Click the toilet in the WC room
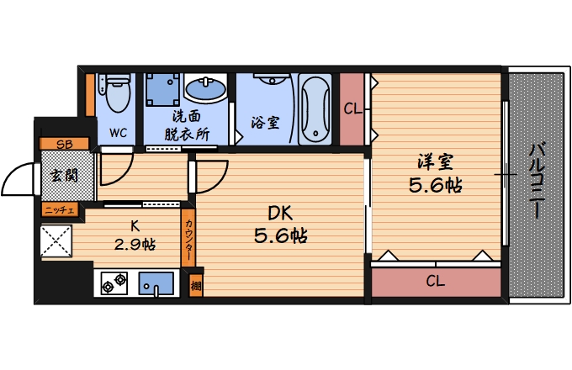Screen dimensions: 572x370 point(115,92)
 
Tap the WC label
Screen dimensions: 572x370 point(119,133)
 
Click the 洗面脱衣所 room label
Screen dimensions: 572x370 point(187,126)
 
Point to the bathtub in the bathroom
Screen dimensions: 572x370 point(315,109)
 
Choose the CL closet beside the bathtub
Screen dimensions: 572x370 point(352,109)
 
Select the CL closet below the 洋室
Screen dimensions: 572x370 point(436,282)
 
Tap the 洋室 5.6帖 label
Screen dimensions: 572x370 point(436,173)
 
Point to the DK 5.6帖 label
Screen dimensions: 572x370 point(280,225)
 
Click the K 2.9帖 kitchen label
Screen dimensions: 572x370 point(135,235)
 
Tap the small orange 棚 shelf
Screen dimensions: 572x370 point(196,285)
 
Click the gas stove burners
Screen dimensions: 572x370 point(114,283)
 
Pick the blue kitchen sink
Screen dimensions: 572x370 point(156,283)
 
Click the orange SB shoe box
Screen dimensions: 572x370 point(64,144)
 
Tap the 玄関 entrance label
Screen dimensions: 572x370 point(65,176)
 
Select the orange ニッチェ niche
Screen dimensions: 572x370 point(61,210)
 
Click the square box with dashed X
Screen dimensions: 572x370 point(56,241)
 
